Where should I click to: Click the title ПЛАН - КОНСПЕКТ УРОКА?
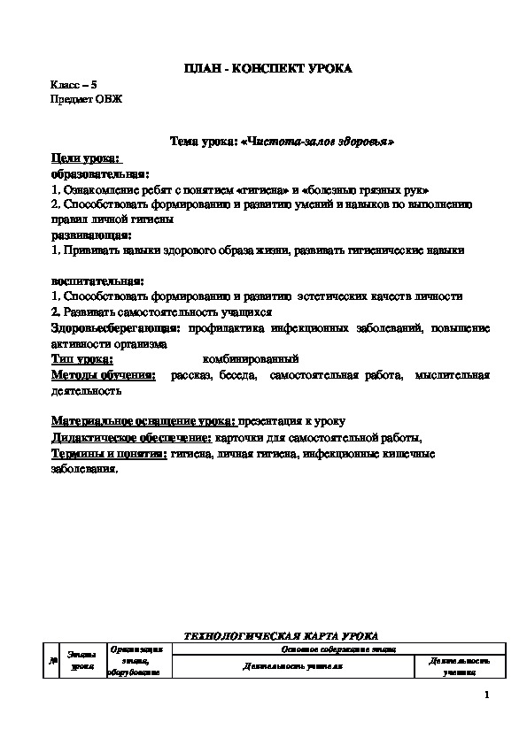pos(267,68)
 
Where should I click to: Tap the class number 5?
pos(93,84)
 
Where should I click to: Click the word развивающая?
pos(91,235)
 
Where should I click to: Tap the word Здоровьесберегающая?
pos(114,328)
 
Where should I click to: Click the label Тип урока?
pos(82,359)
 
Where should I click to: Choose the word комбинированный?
pos(251,359)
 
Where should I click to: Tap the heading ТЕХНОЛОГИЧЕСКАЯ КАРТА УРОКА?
pos(280,635)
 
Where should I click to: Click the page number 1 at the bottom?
pos(488,695)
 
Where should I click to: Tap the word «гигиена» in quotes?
pos(272,189)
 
